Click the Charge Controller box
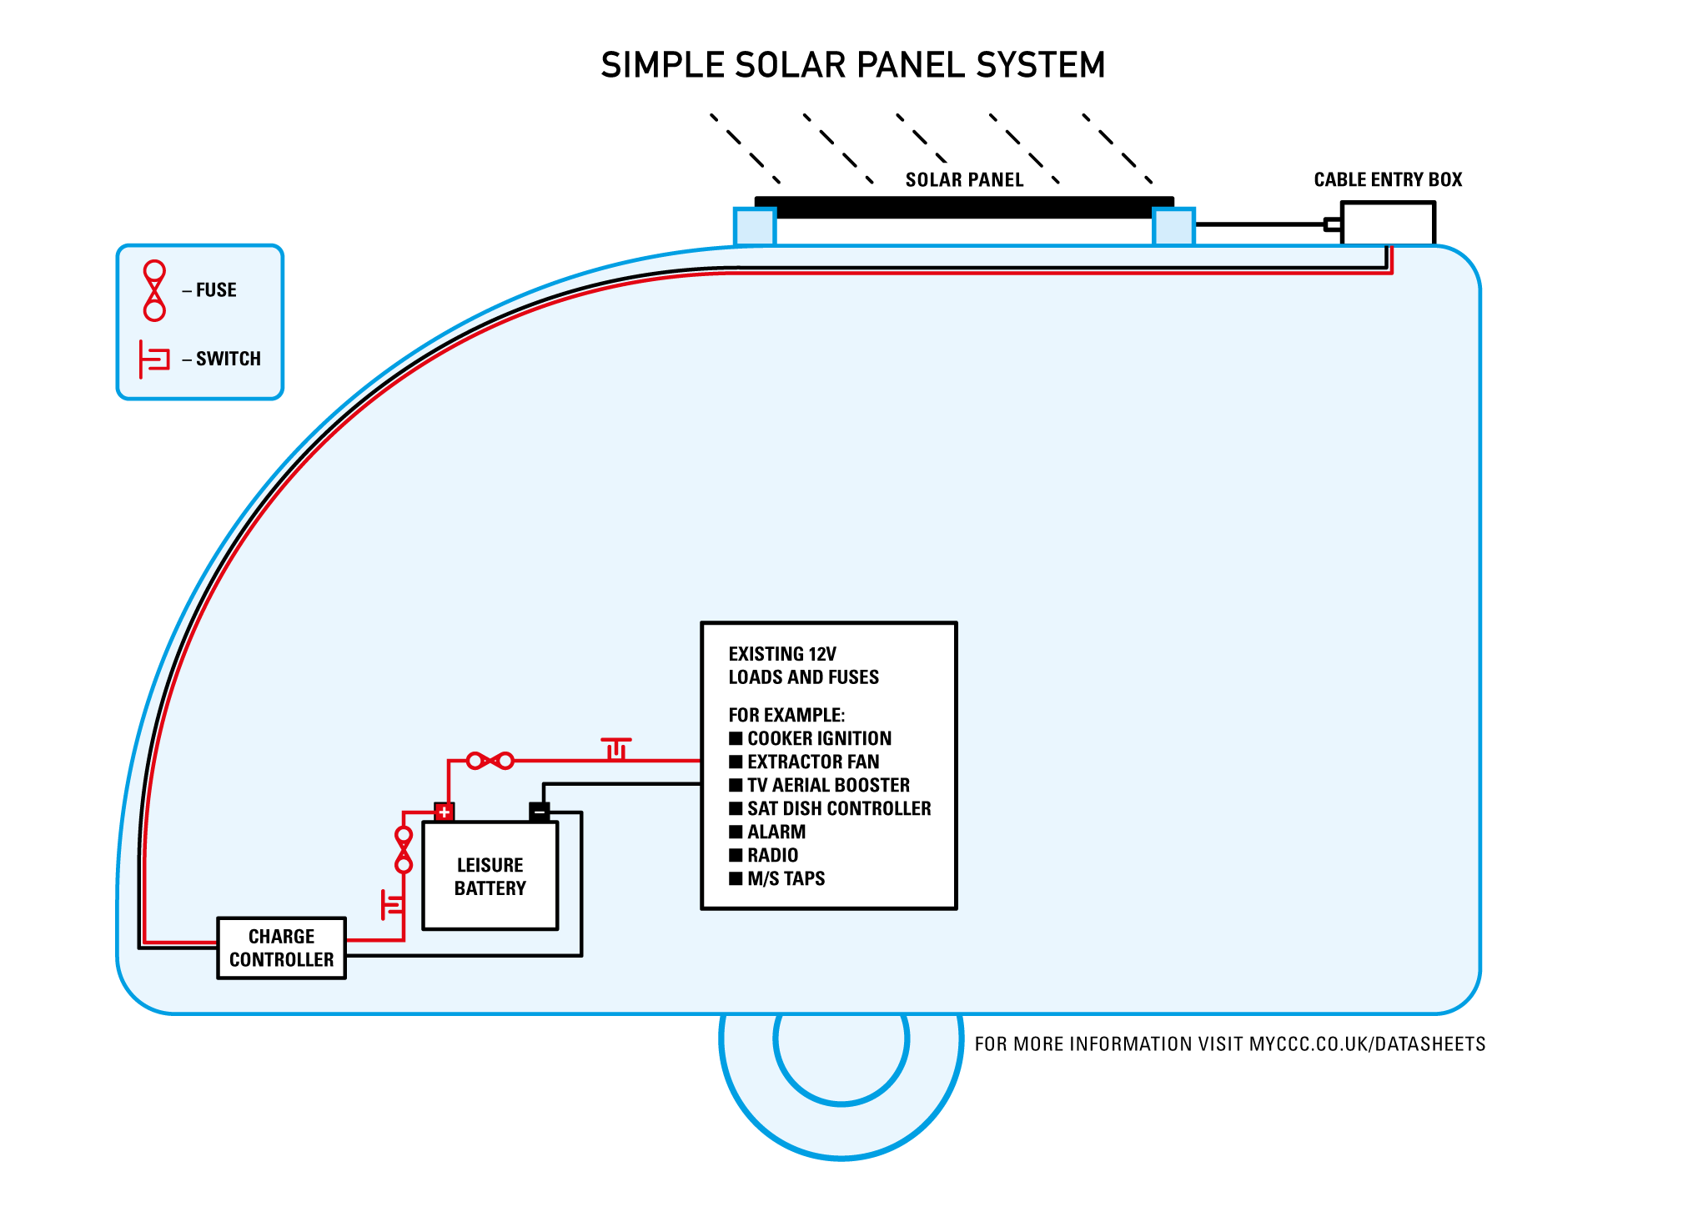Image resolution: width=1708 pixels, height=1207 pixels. [281, 948]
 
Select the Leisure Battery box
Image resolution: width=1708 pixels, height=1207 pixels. [490, 876]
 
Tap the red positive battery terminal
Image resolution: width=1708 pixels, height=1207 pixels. [445, 812]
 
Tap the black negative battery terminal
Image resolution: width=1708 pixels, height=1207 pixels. [540, 812]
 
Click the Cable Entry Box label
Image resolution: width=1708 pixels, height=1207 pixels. [1388, 179]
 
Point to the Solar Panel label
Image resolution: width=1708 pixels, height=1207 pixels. [964, 180]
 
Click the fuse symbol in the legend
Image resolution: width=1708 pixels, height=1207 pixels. [154, 290]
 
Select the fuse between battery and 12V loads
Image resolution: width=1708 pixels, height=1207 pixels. [490, 761]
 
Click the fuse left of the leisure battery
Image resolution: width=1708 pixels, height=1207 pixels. [404, 850]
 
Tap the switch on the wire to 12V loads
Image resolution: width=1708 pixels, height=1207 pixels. [616, 748]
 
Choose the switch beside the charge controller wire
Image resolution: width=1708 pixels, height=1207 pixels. [392, 904]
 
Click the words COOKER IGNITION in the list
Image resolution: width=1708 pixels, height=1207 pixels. [819, 738]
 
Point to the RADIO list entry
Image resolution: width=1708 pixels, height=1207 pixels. [772, 855]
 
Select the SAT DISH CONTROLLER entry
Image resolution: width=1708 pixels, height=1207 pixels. [838, 808]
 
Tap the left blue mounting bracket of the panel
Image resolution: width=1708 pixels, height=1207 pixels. [755, 227]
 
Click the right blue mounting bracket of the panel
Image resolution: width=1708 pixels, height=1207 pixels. [1173, 227]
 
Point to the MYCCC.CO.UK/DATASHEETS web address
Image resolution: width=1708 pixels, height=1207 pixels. [1367, 1044]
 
